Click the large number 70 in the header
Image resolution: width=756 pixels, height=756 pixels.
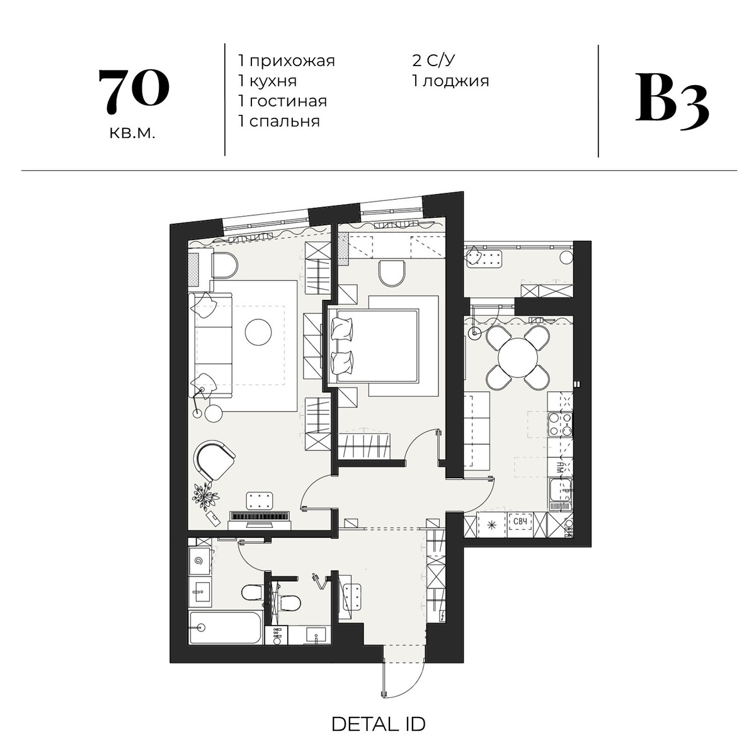click(134, 91)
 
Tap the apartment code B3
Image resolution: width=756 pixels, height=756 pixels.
click(672, 102)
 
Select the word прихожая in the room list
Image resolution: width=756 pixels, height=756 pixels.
click(292, 61)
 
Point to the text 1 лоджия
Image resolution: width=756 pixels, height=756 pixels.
click(450, 81)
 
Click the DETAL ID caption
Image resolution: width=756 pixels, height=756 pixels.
click(378, 724)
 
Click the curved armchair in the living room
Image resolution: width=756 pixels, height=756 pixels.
click(214, 461)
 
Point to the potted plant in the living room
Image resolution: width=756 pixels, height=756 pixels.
click(205, 497)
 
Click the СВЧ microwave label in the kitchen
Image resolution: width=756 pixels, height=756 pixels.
click(520, 522)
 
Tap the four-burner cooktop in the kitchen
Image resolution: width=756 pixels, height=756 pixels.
click(560, 425)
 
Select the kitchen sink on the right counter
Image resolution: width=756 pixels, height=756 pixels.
click(560, 492)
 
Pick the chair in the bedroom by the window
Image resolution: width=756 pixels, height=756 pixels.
click(391, 273)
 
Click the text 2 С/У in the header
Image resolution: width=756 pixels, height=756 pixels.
click(433, 61)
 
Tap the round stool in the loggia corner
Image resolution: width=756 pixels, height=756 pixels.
click(566, 258)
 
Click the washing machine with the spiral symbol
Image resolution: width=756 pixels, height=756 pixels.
click(199, 561)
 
